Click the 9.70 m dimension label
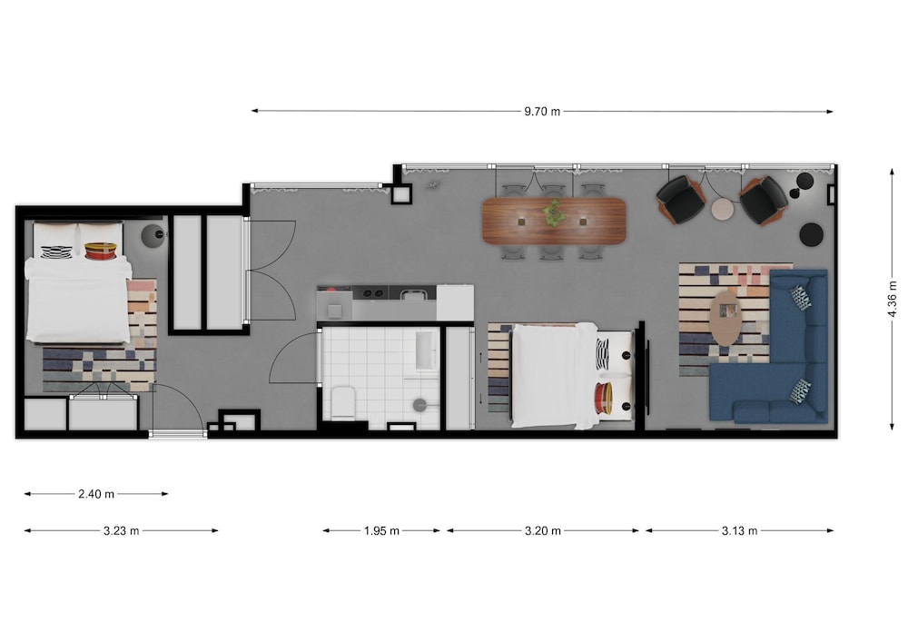click(x=542, y=111)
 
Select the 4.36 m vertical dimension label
click(x=893, y=299)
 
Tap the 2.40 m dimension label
click(x=96, y=494)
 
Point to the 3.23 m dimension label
click(x=121, y=530)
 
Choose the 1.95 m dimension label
click(x=381, y=530)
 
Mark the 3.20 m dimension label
click(x=543, y=530)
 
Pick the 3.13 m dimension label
click(x=739, y=530)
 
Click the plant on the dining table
click(x=554, y=213)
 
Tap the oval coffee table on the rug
click(x=726, y=318)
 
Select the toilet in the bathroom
click(x=343, y=401)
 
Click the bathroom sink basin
click(x=426, y=351)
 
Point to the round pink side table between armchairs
click(x=722, y=209)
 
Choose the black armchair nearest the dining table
click(x=680, y=199)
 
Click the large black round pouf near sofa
click(x=811, y=234)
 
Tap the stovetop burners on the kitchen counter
click(x=370, y=293)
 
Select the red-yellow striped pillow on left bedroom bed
click(x=102, y=251)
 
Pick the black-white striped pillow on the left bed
click(x=56, y=252)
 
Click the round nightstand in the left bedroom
click(x=153, y=235)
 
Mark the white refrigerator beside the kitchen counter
click(x=455, y=302)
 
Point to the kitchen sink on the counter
click(x=411, y=294)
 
